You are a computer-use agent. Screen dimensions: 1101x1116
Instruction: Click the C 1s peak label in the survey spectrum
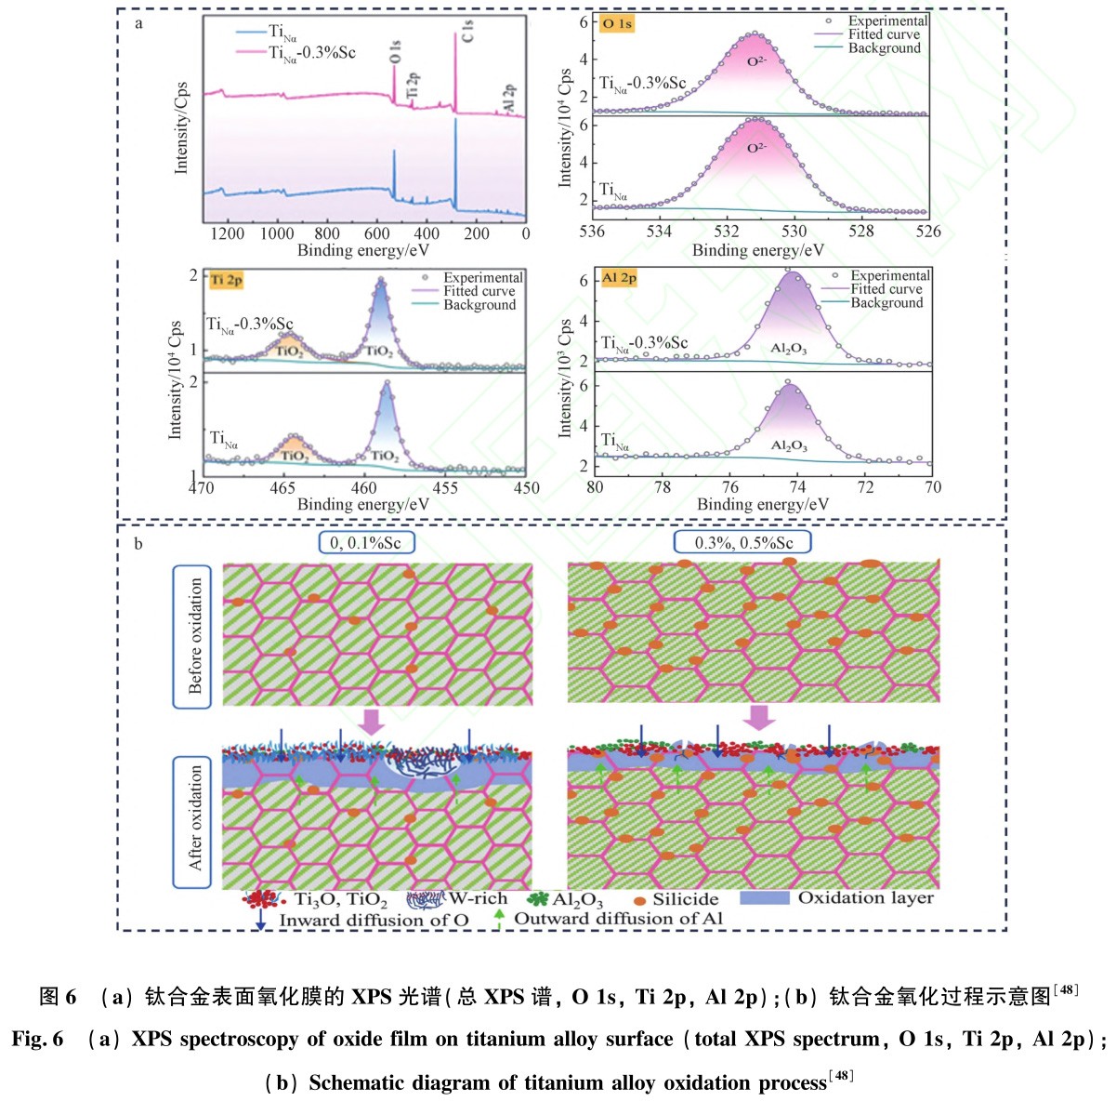point(467,32)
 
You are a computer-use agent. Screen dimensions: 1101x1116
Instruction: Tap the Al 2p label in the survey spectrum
point(509,99)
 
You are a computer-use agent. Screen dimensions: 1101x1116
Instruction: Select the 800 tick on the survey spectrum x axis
point(326,234)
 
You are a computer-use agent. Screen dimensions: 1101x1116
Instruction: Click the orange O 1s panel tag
point(618,23)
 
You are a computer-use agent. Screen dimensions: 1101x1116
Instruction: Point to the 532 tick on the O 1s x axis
point(727,232)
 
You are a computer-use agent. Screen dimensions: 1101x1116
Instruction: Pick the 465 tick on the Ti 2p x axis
point(282,488)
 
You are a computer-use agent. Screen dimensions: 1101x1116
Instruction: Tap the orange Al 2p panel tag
point(619,278)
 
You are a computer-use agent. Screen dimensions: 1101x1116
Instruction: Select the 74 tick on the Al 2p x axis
point(797,487)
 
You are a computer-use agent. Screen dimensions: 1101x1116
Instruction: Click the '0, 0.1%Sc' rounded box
point(366,543)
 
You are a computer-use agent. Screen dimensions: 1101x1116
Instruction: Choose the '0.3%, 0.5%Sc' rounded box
point(744,542)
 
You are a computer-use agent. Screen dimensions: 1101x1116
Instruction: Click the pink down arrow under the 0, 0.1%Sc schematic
point(372,721)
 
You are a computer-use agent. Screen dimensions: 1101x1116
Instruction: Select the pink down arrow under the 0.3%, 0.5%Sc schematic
point(760,717)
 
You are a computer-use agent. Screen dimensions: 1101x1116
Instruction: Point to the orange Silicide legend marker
point(639,901)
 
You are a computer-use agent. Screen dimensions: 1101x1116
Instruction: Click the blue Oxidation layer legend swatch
point(764,898)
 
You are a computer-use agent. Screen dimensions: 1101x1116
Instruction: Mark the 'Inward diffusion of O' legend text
point(374,921)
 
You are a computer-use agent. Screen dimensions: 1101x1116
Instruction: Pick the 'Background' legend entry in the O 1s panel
point(884,48)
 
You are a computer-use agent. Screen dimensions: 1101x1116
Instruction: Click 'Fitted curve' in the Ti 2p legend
point(479,291)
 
